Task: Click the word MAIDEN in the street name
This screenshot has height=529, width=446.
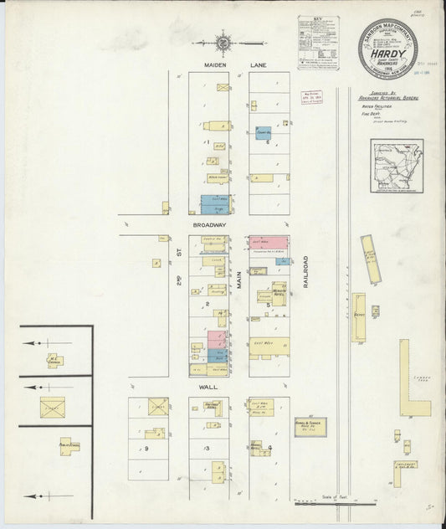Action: [x=210, y=64]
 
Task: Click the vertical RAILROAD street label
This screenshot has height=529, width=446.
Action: [x=306, y=272]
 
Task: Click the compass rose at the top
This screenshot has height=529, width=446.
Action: [x=224, y=40]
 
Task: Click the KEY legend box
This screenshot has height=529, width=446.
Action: [x=320, y=42]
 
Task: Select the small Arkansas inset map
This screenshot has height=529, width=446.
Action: [x=397, y=166]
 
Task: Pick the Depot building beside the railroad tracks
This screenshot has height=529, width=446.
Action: [x=358, y=316]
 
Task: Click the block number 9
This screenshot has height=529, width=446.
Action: [x=146, y=449]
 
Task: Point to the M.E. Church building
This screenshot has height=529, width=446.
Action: [x=54, y=360]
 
